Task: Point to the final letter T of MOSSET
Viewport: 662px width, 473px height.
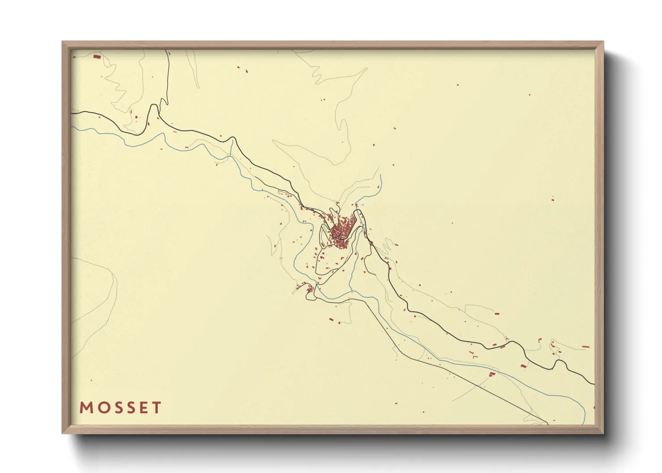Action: tap(156, 408)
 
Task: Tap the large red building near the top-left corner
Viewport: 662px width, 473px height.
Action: tap(96, 57)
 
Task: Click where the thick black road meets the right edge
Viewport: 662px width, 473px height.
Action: tap(594, 384)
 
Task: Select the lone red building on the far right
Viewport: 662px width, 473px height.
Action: tap(552, 199)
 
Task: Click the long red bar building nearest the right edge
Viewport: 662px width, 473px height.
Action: tap(586, 346)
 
